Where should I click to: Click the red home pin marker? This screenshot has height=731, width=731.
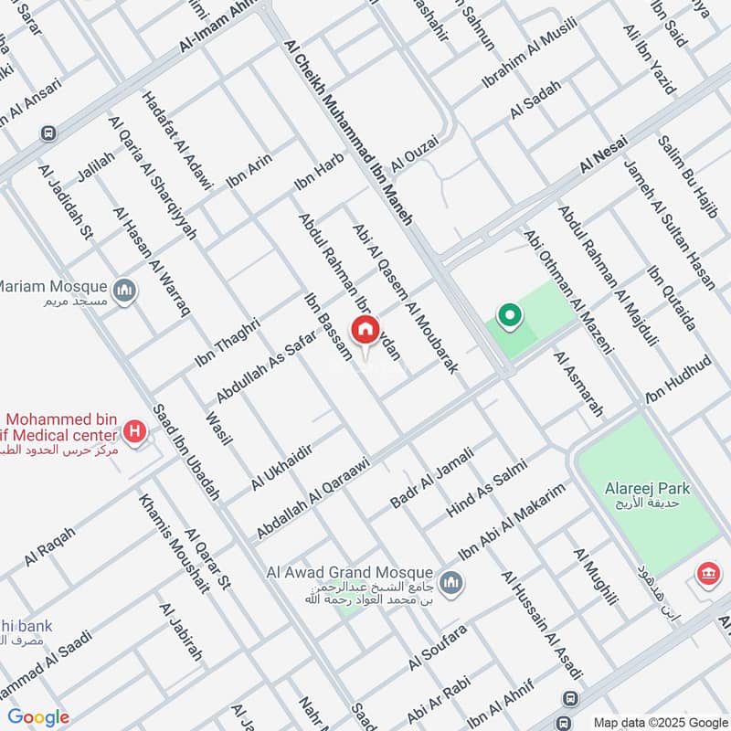(x=365, y=330)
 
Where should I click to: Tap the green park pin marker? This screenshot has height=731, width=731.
(x=509, y=317)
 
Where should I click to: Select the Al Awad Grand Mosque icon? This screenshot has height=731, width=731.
(x=450, y=582)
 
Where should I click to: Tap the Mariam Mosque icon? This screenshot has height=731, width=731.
(x=126, y=291)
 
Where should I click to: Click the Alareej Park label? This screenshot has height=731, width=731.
(x=647, y=489)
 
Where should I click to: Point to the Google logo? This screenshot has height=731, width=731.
(x=38, y=717)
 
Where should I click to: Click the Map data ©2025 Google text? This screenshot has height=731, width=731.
(x=660, y=721)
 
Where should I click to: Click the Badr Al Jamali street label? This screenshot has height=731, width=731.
(x=431, y=477)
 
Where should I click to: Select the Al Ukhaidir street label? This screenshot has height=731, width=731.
(x=281, y=466)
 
